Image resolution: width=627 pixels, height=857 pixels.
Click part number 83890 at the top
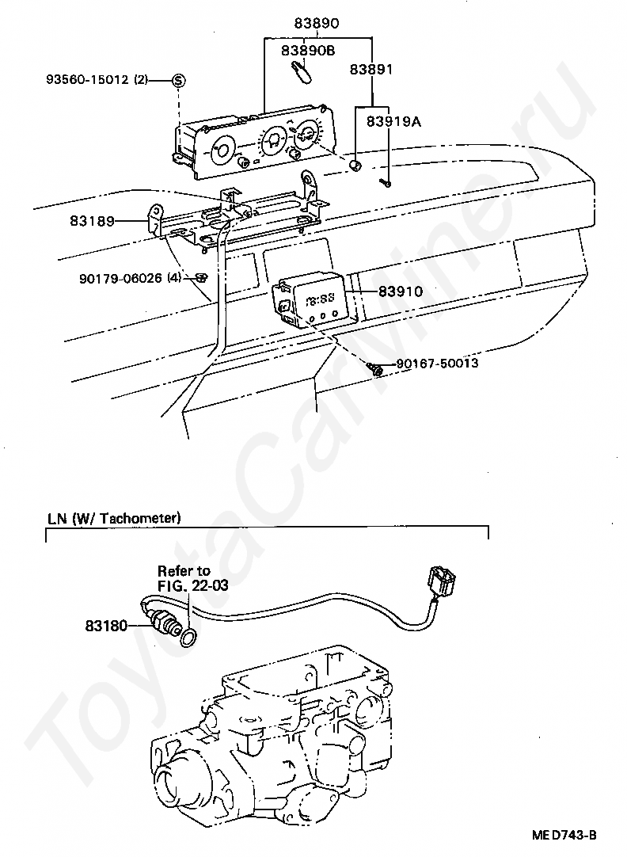[316, 23]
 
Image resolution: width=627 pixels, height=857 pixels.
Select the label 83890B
[308, 50]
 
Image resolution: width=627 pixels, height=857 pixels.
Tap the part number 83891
[371, 70]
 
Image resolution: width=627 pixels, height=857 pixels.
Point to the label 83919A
[393, 121]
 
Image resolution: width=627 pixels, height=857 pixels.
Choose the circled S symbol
[179, 80]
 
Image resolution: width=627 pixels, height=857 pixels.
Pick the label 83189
[92, 221]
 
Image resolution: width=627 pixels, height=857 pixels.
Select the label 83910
[401, 291]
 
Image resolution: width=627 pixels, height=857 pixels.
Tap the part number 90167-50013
[437, 363]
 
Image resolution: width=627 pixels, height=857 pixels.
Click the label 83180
[106, 625]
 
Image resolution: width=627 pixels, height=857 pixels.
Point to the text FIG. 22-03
[193, 585]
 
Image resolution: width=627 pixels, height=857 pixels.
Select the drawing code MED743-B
[564, 835]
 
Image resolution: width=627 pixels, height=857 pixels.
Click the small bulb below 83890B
[301, 72]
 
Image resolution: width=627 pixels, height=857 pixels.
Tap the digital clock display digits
[320, 299]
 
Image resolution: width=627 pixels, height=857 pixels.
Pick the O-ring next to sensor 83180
[188, 636]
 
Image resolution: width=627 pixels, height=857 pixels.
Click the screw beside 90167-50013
[375, 368]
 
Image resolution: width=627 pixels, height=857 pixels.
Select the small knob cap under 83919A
[355, 165]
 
